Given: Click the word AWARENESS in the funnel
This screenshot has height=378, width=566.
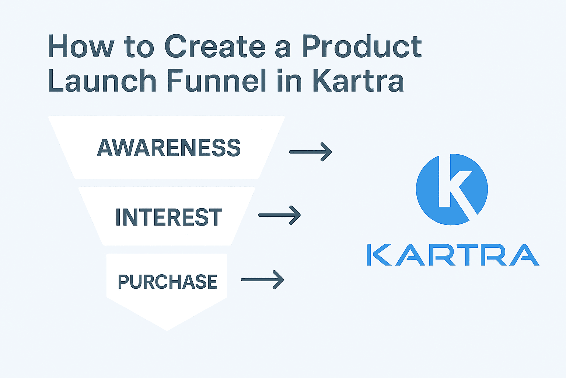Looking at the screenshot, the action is point(168,148).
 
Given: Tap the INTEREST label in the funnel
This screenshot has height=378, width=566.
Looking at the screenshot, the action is point(169,217).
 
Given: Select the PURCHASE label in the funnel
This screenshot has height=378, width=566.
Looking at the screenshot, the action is point(168,282).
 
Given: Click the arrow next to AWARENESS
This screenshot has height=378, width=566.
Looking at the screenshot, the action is point(310,152).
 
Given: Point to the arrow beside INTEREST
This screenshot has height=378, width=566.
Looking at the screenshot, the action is point(279,215).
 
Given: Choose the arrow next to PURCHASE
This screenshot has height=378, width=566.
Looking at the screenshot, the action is point(262,280).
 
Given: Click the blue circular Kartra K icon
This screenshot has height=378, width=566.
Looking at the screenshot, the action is point(452,189).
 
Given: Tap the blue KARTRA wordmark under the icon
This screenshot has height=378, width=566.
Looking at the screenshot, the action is point(453,255).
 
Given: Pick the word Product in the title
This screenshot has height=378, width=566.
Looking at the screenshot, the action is point(362,46).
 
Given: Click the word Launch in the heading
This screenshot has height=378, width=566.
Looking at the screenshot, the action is point(102,80).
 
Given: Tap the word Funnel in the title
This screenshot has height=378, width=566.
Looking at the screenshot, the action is point(217,80).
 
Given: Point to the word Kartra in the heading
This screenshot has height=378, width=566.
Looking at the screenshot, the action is point(358,80).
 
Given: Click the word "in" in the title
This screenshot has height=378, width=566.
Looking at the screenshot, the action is point(289,80).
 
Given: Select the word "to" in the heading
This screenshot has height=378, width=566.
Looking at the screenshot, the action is point(139,47).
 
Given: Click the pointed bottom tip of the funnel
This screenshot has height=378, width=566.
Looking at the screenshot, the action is point(167,330).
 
